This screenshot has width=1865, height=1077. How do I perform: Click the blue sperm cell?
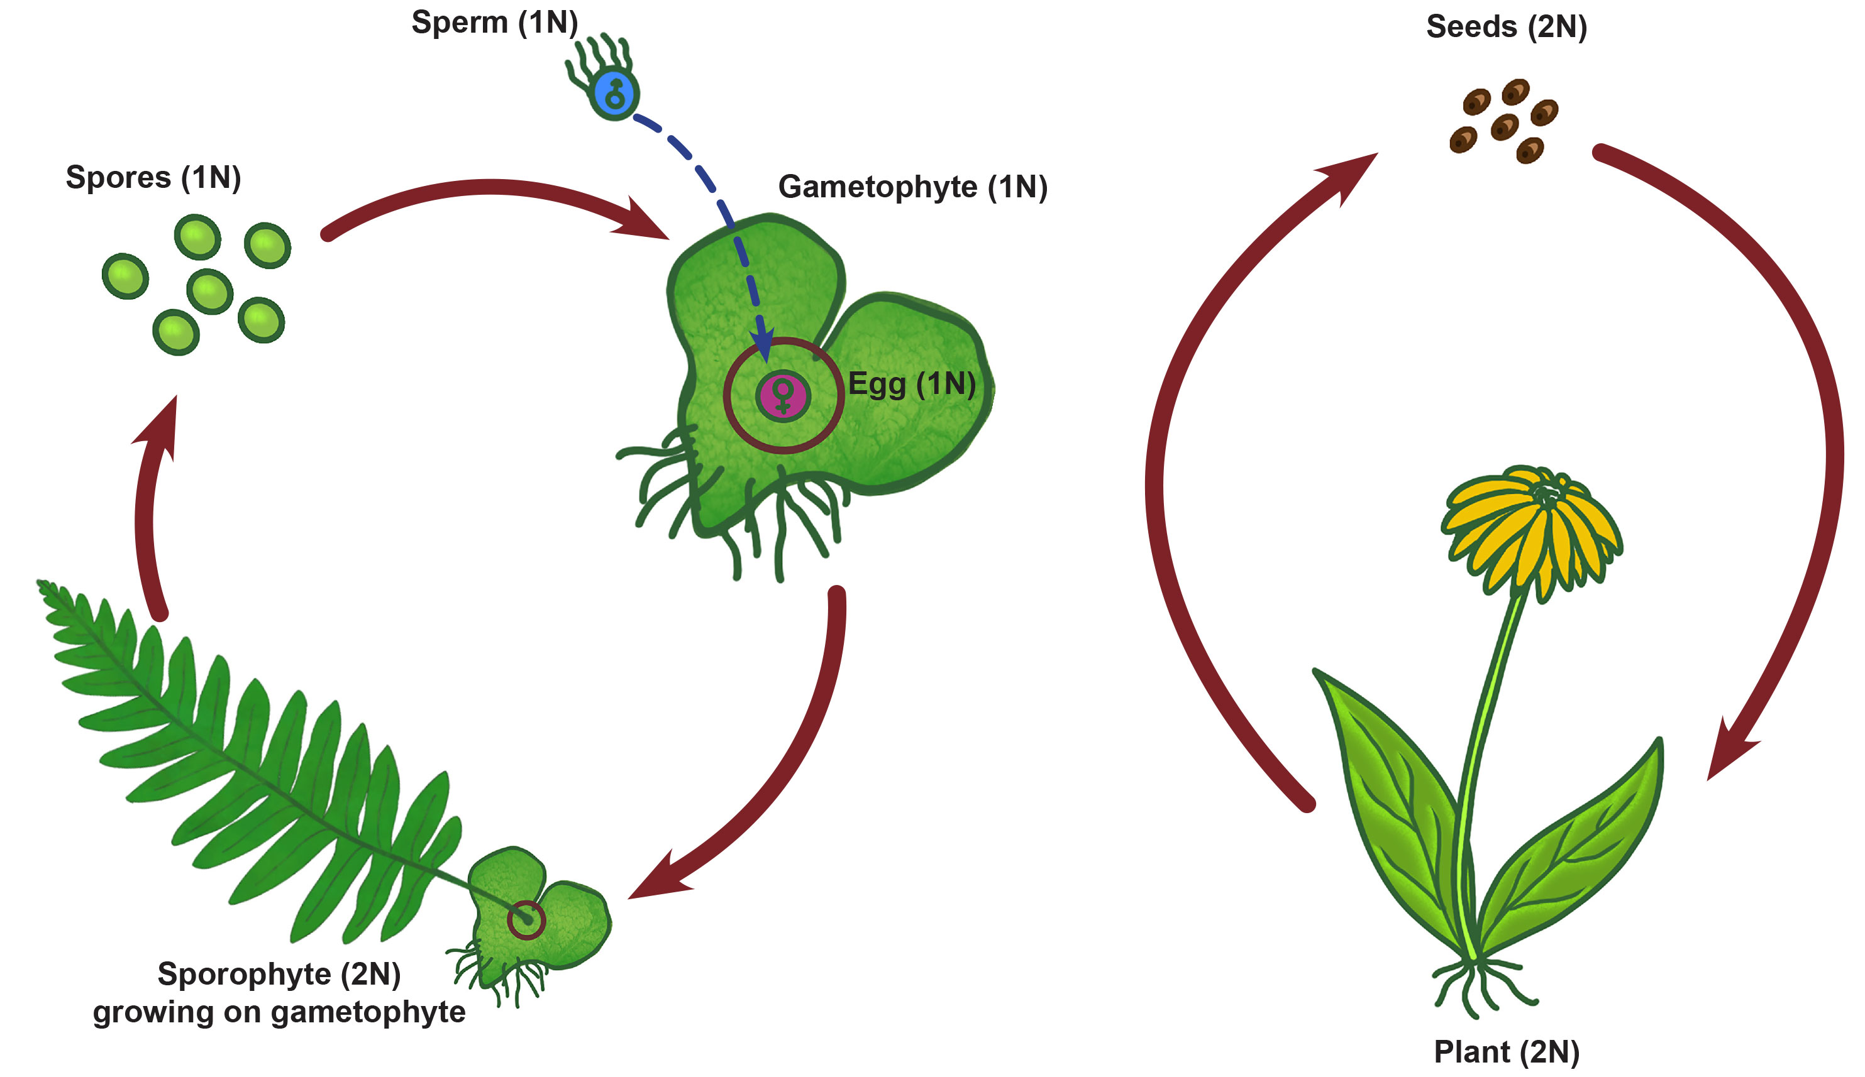click(x=614, y=95)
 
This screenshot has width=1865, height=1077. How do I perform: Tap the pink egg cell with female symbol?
click(x=783, y=395)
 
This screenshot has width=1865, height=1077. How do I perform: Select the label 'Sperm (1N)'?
click(x=494, y=22)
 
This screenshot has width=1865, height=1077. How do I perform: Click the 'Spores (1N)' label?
click(x=153, y=178)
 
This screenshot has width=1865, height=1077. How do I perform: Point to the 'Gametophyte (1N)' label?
click(x=912, y=187)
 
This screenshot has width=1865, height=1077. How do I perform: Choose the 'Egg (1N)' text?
click(x=912, y=384)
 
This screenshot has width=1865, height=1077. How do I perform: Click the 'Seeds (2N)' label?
click(x=1506, y=26)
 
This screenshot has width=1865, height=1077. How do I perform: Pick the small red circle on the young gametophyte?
click(x=526, y=920)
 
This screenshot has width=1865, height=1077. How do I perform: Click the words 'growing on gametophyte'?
click(x=279, y=1012)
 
